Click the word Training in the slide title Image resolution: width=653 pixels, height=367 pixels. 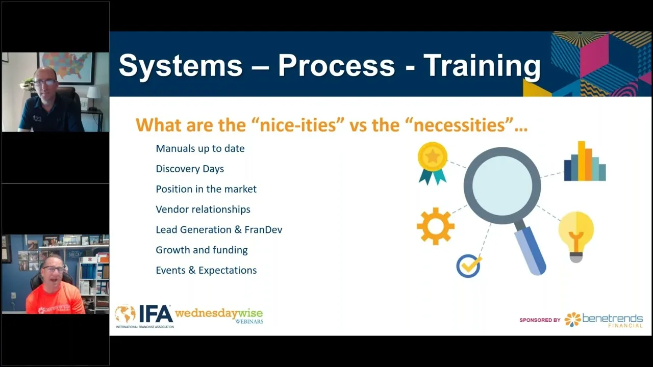[482, 67]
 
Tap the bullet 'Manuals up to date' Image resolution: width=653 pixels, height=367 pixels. [200, 148]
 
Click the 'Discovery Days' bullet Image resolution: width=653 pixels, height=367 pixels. [190, 169]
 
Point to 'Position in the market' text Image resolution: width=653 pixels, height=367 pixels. [206, 189]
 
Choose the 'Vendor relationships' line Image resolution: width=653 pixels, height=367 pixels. [203, 209]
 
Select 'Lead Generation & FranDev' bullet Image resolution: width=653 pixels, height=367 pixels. [219, 230]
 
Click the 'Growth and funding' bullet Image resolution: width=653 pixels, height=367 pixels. [202, 250]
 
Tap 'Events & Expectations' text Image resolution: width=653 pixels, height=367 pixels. [206, 270]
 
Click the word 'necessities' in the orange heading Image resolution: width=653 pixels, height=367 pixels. [459, 125]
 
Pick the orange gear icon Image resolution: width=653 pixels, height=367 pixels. [436, 226]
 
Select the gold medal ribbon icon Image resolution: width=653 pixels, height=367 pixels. [433, 163]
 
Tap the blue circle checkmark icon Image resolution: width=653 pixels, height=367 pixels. [469, 266]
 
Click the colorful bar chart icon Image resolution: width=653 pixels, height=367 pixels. [585, 161]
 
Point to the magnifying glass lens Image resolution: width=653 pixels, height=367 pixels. [503, 186]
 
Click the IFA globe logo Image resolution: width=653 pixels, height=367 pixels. [125, 313]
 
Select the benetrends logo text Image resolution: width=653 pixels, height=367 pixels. [612, 319]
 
